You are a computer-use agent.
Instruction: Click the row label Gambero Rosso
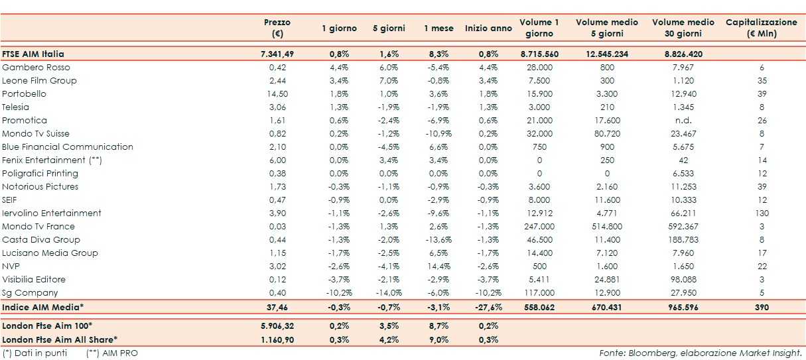tap(36, 67)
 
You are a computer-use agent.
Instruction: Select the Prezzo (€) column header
tap(277, 28)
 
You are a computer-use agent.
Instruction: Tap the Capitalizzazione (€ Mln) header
tap(762, 28)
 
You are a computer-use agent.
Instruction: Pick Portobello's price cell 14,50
tap(277, 93)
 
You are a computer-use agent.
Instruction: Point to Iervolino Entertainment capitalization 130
tap(762, 213)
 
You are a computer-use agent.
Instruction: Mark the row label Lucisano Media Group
tap(50, 253)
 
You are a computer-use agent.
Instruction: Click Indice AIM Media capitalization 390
tap(762, 308)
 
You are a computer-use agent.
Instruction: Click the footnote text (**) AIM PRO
tap(112, 353)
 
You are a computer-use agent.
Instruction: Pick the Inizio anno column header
tap(488, 28)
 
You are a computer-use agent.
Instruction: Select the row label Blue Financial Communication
tap(68, 147)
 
